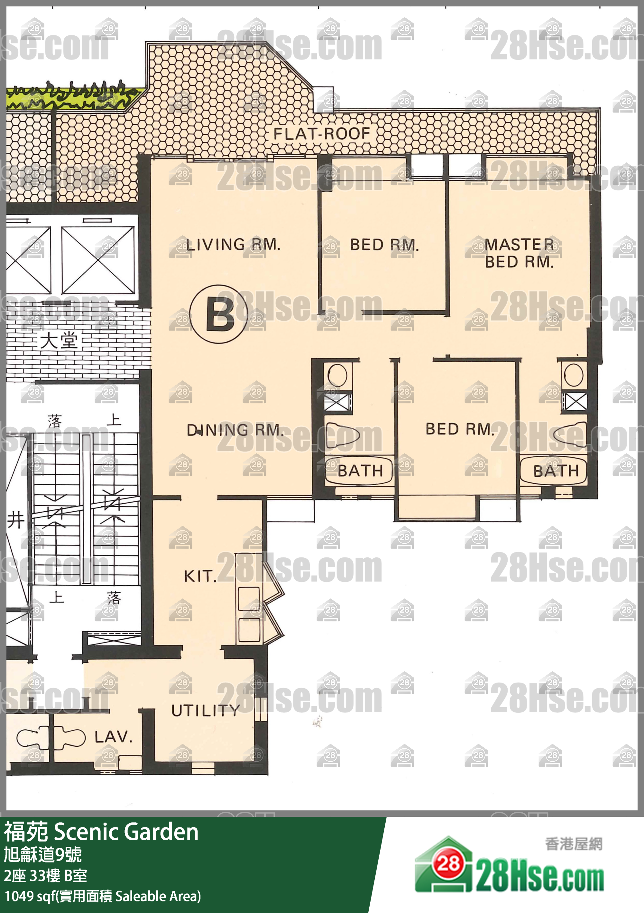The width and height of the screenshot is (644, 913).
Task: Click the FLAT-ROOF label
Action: coord(322,133)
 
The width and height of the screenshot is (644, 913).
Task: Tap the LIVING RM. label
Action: coord(234,244)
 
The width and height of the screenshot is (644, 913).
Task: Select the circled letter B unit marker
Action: coord(219,314)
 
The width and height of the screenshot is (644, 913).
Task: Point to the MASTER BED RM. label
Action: coord(520,253)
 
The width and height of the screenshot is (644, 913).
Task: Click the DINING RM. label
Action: coord(235,430)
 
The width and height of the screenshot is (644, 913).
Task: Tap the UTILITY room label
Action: coord(206,710)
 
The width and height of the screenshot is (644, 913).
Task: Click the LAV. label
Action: coord(113,737)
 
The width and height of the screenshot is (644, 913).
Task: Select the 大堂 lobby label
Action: coord(59,341)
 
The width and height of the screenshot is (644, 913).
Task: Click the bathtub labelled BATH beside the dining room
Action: coord(359,470)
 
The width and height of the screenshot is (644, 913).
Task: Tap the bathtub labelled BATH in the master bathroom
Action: coord(554,471)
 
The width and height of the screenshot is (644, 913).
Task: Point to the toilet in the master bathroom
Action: coord(570,434)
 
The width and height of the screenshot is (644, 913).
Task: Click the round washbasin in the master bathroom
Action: coord(574,375)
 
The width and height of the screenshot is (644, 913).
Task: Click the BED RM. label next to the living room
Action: coord(385,244)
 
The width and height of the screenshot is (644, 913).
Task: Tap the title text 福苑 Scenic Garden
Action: coord(101,832)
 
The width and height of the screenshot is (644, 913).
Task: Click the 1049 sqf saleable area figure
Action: coord(103,896)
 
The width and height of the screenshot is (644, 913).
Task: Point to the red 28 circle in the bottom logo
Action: coord(449,864)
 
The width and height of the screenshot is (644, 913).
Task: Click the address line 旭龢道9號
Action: coord(43,854)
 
